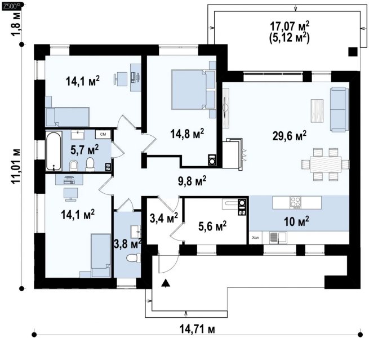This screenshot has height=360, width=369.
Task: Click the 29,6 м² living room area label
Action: click(289, 136)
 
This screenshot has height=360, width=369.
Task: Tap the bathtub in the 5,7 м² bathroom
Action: click(54, 151)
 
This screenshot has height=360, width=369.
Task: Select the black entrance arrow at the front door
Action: click(166, 283)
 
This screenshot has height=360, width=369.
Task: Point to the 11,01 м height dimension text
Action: click(16, 166)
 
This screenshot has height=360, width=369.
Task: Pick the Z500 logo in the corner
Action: click(11, 6)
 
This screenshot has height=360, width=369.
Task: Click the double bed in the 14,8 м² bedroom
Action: click(193, 90)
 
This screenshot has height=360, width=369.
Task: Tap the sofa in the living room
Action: click(339, 109)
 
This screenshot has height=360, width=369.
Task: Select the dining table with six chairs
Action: click(326, 165)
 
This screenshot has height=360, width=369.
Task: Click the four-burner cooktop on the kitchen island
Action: click(295, 203)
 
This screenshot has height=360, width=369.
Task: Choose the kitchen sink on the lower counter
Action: click(278, 237)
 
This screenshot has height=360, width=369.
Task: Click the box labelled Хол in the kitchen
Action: click(256, 238)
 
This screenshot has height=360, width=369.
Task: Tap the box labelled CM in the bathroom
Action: click(103, 134)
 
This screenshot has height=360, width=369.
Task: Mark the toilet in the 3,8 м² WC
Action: click(134, 258)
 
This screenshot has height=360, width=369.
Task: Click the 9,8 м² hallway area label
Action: click(192, 181)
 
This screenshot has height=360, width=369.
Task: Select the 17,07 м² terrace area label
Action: click(289, 26)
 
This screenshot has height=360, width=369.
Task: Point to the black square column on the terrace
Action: click(353, 52)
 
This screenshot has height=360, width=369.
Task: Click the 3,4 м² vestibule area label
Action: click(164, 218)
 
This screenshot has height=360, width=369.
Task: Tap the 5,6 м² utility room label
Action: click(212, 226)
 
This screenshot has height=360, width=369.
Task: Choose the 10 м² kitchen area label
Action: click(296, 221)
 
